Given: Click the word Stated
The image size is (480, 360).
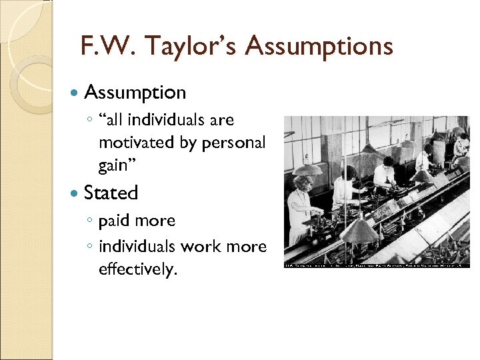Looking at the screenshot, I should (111, 193).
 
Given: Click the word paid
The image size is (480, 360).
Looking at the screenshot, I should (113, 221).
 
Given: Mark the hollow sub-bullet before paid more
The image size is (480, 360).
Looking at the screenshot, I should (90, 221).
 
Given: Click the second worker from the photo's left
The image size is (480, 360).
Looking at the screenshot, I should (344, 187).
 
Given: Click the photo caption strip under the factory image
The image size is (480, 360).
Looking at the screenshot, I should (377, 265).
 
